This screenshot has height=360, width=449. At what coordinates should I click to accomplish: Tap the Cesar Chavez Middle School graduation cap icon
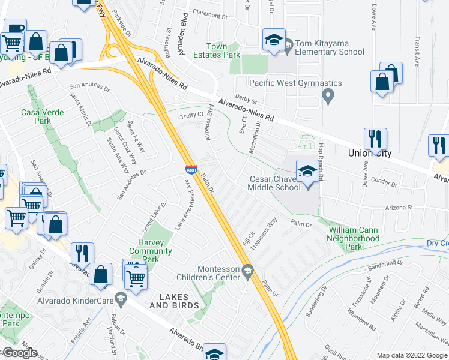307,171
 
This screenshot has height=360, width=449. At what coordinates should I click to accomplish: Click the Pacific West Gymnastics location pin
328,95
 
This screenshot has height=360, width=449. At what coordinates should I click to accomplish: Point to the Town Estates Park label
224,50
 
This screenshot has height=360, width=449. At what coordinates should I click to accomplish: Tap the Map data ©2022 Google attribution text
412,355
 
